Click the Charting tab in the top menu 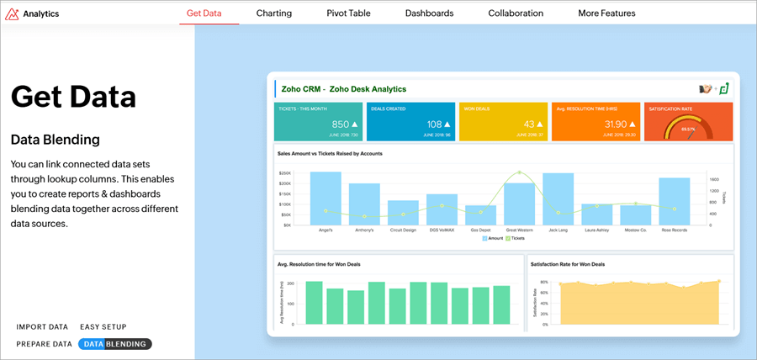point(274,13)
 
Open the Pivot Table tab point(348,13)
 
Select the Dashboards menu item point(429,13)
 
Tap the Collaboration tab point(516,13)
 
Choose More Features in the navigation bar point(606,13)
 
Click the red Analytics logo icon point(12,13)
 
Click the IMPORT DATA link point(42,327)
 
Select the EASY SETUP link point(103,327)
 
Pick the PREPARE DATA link point(44,344)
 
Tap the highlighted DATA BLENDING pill point(115,344)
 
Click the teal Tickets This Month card point(319,121)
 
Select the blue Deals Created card point(411,121)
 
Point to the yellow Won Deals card point(503,121)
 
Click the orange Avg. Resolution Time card point(595,121)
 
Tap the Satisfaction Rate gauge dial point(688,128)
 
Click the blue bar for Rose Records point(675,201)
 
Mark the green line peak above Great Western point(520,172)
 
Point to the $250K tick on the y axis point(286,172)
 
